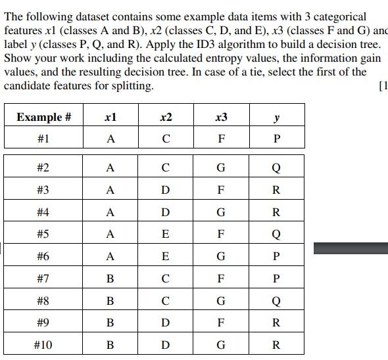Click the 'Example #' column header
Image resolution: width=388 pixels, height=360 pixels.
tap(43, 117)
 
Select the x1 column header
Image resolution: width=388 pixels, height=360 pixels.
tap(110, 117)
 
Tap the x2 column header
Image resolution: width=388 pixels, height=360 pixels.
tap(166, 117)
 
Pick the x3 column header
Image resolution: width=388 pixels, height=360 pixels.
tap(221, 117)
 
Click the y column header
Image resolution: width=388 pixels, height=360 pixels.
tap(276, 117)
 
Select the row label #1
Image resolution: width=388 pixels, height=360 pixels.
tap(43, 139)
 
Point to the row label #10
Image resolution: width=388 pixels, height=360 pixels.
tap(43, 344)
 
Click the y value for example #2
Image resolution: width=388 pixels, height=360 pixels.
tap(276, 168)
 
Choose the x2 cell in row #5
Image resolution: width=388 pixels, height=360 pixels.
tap(166, 234)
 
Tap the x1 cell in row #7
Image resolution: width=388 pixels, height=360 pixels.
tap(110, 279)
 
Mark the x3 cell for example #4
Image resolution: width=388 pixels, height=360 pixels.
tap(221, 212)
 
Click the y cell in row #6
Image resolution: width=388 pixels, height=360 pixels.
tap(276, 256)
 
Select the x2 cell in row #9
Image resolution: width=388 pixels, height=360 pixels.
tap(166, 323)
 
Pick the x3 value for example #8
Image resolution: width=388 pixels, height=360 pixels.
tap(221, 301)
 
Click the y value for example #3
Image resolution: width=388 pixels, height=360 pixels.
tap(276, 190)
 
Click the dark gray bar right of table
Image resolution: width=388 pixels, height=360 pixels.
tap(351, 248)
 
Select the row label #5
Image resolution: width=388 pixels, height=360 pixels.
tap(43, 234)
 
